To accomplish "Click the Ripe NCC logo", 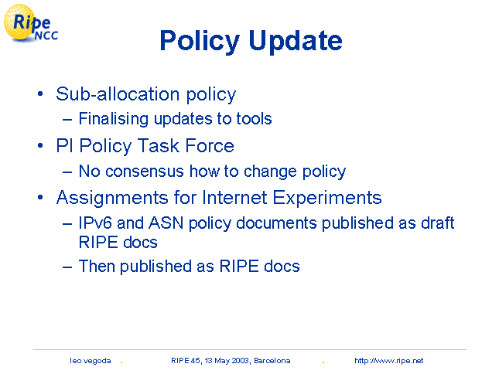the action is tap(31, 24).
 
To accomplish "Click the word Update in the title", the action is tap(296, 41).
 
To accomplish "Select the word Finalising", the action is tap(114, 119).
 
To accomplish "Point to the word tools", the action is tap(254, 119).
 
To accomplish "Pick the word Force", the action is tap(210, 146).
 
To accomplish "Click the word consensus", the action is tap(145, 172).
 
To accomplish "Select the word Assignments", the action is tap(112, 198).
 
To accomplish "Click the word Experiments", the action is tap(327, 198).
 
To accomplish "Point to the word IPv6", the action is tap(95, 223).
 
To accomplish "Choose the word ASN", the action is tap(166, 223).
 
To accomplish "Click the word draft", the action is tap(438, 223).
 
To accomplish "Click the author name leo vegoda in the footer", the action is tap(91, 361).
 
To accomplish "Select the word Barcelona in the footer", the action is tap(272, 361).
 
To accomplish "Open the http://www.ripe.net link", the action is tap(389, 361).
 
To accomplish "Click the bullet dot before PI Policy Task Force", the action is tap(40, 146).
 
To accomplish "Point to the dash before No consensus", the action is tap(67, 172).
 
